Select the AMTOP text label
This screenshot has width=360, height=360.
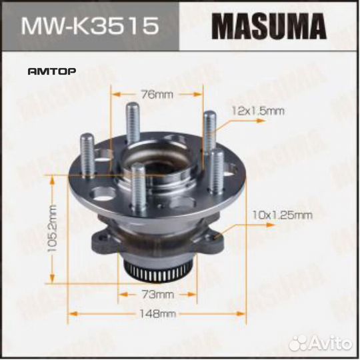[51, 70]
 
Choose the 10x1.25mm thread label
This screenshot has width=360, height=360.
[283, 214]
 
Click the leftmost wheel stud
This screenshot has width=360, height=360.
[87, 155]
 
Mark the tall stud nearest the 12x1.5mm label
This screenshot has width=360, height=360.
[209, 130]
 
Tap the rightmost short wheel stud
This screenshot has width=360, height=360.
[217, 170]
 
